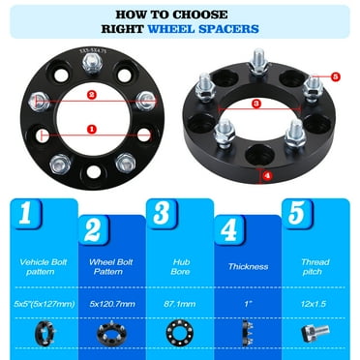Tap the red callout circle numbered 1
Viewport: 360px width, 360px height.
click(90, 128)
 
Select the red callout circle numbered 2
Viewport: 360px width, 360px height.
click(90, 95)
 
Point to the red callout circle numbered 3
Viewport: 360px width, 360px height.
click(255, 102)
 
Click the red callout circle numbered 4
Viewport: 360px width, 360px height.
click(267, 175)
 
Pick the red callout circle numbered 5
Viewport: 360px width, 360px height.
click(335, 75)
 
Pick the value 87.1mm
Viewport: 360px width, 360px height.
click(178, 303)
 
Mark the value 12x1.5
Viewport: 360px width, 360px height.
click(315, 303)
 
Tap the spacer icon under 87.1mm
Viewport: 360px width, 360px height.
click(178, 332)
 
